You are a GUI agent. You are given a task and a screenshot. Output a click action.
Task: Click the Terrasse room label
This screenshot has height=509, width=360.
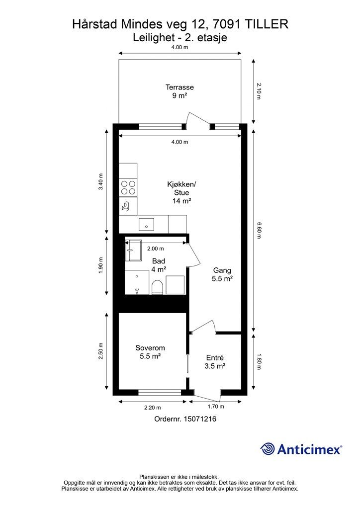[x=180, y=91]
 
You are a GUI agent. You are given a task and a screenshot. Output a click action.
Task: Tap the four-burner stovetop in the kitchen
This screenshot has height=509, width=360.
[x=128, y=187]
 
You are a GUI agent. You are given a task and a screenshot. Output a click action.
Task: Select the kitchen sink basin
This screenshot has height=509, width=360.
[x=146, y=224]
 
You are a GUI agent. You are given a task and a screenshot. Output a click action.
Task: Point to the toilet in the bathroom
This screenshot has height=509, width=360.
[x=157, y=287]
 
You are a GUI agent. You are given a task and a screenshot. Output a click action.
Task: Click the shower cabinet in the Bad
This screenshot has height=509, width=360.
[x=133, y=251]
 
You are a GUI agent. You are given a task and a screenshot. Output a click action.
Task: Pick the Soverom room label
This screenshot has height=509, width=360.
[x=150, y=352]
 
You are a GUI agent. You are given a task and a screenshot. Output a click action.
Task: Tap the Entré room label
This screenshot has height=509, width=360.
[x=215, y=362]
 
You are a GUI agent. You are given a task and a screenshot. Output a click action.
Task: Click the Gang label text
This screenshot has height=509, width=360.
[x=222, y=270]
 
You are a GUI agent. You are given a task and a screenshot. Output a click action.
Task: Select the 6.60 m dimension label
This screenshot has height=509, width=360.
[x=259, y=230]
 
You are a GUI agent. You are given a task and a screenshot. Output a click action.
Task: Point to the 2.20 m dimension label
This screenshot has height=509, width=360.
[x=153, y=408]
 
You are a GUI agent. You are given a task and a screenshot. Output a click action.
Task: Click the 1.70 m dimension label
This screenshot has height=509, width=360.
[x=215, y=407]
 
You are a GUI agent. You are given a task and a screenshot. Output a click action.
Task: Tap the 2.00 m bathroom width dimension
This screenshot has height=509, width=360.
[x=156, y=249]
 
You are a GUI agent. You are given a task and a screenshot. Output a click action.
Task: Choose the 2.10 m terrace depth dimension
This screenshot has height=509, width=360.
[x=259, y=91]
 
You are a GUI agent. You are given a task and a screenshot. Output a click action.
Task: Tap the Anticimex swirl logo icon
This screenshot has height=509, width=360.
[x=268, y=449]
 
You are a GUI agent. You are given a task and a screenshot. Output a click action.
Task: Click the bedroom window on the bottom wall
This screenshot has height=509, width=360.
[x=160, y=392]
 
